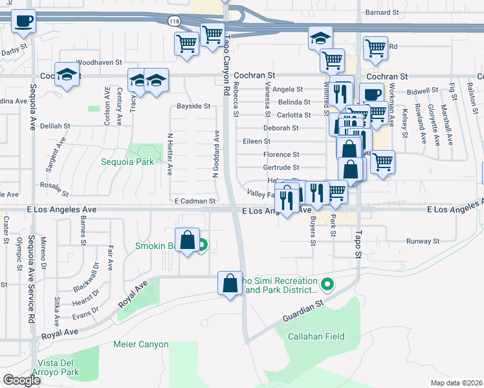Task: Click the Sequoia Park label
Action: (x=127, y=162)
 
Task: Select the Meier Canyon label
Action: (x=140, y=345)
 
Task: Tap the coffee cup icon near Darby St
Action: (x=23, y=21)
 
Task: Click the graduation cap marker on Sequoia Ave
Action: (x=67, y=74)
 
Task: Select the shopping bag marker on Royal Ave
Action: (x=230, y=283)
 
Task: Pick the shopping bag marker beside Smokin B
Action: (x=187, y=239)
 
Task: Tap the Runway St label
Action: (x=423, y=241)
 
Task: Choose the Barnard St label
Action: (x=382, y=12)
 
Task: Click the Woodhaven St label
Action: (x=99, y=63)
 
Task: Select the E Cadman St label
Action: (x=195, y=201)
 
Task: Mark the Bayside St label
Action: (x=193, y=106)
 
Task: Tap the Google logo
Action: (x=21, y=380)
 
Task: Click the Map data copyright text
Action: (x=456, y=383)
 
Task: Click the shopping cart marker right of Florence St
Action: (x=382, y=162)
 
